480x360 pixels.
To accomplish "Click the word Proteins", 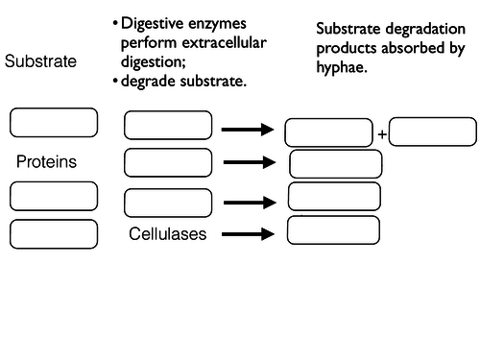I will (46, 162).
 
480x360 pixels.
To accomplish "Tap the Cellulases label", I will (168, 233).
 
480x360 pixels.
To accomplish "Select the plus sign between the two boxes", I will (381, 134).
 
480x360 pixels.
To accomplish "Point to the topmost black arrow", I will (248, 129).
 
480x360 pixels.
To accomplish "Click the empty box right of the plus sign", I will (432, 132).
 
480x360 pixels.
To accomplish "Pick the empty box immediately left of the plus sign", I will (329, 132).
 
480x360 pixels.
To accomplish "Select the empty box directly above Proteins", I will (54, 123).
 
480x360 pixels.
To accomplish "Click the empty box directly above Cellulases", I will (168, 203).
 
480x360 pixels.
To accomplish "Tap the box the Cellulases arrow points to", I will (333, 230).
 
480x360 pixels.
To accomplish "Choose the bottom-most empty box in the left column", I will (54, 233).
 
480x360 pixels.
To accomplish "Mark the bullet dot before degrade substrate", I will (115, 81).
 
